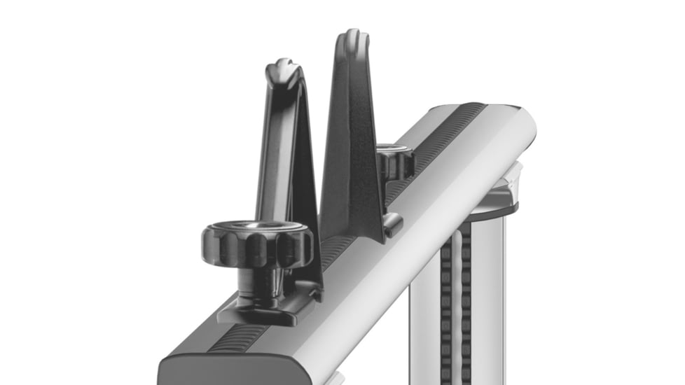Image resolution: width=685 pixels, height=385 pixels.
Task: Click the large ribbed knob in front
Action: pos(257,241)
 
